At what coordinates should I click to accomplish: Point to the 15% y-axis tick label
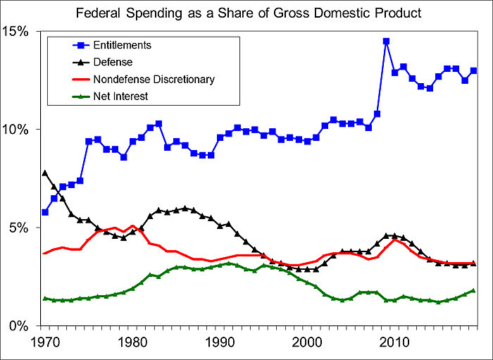click(17, 32)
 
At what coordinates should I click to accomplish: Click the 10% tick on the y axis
click(17, 130)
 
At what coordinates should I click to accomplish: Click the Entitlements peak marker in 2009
click(386, 41)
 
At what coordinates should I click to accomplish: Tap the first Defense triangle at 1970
click(45, 173)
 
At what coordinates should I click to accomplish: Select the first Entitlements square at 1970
click(45, 212)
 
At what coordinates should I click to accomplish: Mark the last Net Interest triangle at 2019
click(473, 290)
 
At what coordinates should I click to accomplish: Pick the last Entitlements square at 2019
click(473, 70)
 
